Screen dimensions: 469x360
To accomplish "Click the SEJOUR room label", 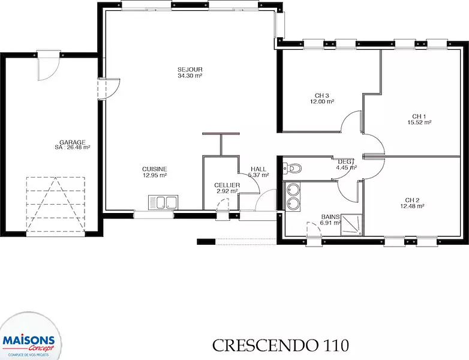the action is (190, 70).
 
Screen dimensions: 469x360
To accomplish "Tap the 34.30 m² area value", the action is (190, 76).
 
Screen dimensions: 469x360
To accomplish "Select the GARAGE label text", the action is (73, 142).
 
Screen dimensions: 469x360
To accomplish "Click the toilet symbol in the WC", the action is (292, 169).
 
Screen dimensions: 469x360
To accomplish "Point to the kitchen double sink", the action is (163, 202).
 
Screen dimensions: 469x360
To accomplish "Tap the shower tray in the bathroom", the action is (351, 224).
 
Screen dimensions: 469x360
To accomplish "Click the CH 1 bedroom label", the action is (419, 116).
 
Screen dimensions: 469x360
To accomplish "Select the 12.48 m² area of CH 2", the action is (412, 206).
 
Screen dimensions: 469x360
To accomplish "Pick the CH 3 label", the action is (322, 96).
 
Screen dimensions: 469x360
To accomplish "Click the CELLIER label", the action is (227, 185).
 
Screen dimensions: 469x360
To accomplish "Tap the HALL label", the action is (258, 169).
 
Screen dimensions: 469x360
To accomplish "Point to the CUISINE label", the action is (155, 169).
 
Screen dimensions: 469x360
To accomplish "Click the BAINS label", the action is (330, 217).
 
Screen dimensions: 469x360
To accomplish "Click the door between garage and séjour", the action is (109, 89).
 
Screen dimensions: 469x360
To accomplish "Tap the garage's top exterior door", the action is (49, 66).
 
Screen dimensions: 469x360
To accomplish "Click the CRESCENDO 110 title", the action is (281, 346).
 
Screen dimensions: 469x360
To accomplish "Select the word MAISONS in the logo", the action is (29, 341).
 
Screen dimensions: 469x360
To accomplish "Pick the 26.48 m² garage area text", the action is (78, 148).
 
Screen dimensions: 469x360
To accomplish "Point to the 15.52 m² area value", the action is (419, 122).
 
